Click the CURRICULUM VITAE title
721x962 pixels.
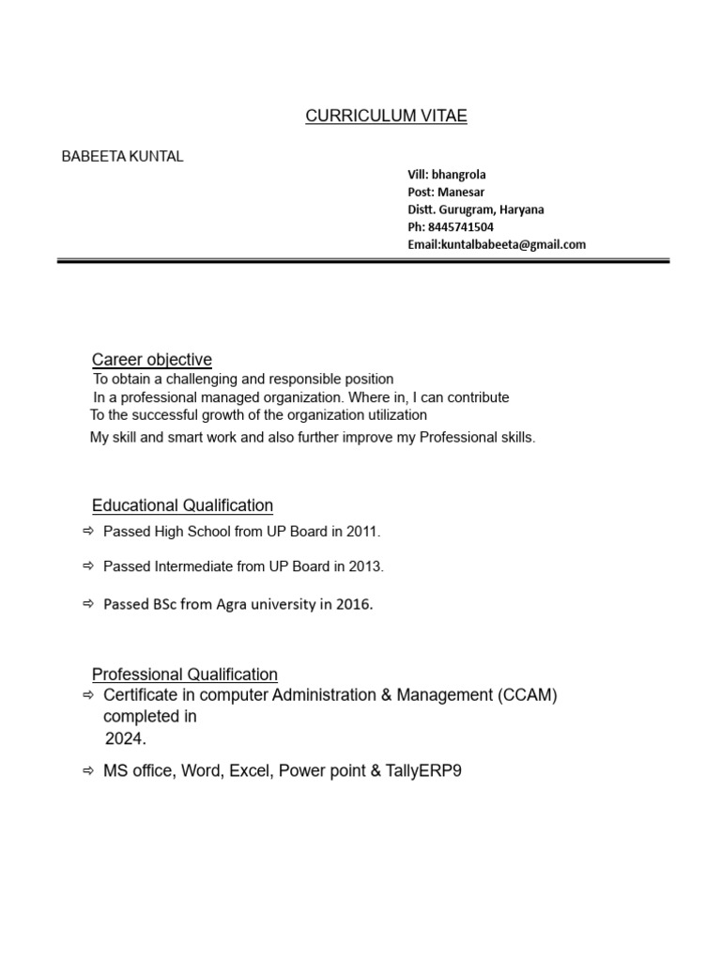coord(386,116)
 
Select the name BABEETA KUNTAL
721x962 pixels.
coord(122,157)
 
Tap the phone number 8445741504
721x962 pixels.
coord(461,227)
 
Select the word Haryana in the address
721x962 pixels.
coord(522,209)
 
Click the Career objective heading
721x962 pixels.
coord(151,360)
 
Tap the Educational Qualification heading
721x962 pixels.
coord(182,505)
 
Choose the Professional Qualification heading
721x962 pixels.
coord(184,675)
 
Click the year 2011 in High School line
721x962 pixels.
coord(362,532)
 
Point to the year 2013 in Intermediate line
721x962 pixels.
coord(366,566)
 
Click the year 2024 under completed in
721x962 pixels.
coord(125,739)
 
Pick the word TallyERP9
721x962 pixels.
coord(424,771)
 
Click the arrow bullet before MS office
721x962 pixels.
coord(88,771)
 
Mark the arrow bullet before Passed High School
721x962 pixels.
coord(88,532)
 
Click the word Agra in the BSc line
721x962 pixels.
coord(233,604)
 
